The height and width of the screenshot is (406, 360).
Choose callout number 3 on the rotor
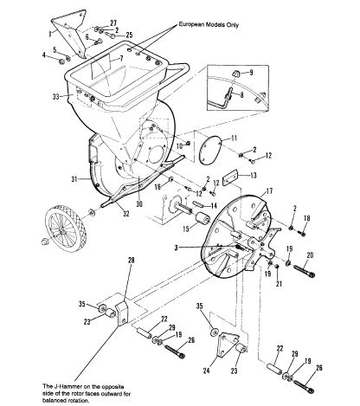[x=177, y=248]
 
